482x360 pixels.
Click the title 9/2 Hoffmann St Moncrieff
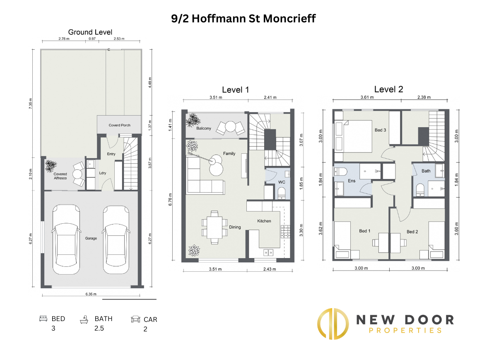point(243,19)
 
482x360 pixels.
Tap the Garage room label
point(91,238)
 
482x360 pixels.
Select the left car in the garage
point(66,239)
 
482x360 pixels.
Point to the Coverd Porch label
point(120,125)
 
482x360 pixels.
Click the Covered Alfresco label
point(60,176)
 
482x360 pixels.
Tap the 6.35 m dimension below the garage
point(91,294)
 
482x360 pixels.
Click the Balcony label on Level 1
point(204,128)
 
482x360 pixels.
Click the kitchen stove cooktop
point(285,232)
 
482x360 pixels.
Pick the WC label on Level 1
point(282,182)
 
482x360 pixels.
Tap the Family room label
point(229,153)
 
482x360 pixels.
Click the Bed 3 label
point(380,130)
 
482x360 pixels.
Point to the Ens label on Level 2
point(352,181)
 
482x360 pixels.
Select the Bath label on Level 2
point(426,171)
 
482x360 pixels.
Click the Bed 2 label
point(412,232)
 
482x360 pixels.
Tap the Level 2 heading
point(388,89)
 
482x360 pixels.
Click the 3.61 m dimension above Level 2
point(367,97)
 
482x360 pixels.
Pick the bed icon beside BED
point(43,318)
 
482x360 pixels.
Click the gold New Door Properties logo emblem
point(333,324)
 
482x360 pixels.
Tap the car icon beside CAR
point(135,319)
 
